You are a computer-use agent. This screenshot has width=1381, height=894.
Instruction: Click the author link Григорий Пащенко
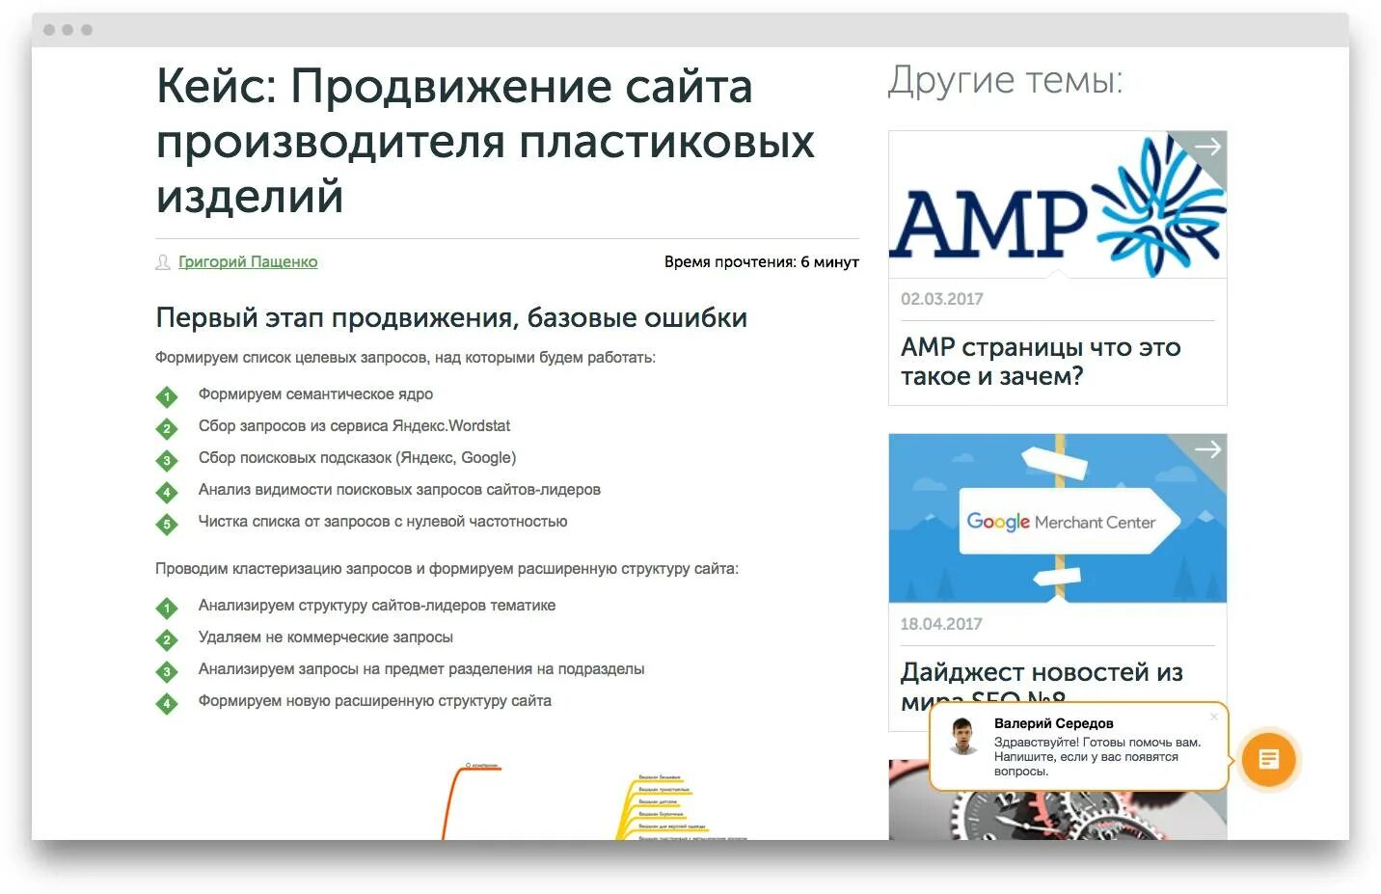(x=248, y=262)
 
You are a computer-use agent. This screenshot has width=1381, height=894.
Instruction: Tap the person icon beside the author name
(x=163, y=262)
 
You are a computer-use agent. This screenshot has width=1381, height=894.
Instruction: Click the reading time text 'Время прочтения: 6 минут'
(x=761, y=262)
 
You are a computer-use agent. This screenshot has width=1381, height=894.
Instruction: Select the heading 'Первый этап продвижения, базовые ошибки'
(x=451, y=318)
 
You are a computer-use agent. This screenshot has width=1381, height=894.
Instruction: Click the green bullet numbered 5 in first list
(x=167, y=525)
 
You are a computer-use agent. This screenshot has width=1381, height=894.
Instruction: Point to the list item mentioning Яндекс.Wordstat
(x=354, y=426)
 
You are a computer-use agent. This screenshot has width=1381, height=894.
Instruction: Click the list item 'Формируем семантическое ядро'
(x=315, y=394)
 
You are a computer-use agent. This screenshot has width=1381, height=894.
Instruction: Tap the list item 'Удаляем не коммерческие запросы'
(x=325, y=637)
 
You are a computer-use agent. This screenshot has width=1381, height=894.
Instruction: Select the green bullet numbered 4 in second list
(x=167, y=704)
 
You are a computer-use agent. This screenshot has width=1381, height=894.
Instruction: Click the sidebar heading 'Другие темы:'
(x=1005, y=81)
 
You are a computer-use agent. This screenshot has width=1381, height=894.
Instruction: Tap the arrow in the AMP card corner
(x=1207, y=148)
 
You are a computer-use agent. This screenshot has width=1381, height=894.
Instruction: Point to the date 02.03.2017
(x=941, y=299)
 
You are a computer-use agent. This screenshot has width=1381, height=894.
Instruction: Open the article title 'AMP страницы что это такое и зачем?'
(x=1040, y=362)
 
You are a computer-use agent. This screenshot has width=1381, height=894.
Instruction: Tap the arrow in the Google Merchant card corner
(x=1207, y=449)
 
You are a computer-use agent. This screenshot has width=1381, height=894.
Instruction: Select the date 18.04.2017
(x=940, y=624)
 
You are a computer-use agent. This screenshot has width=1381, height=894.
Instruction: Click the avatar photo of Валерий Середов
(x=962, y=737)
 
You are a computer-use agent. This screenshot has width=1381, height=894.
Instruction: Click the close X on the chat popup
(x=1213, y=717)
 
